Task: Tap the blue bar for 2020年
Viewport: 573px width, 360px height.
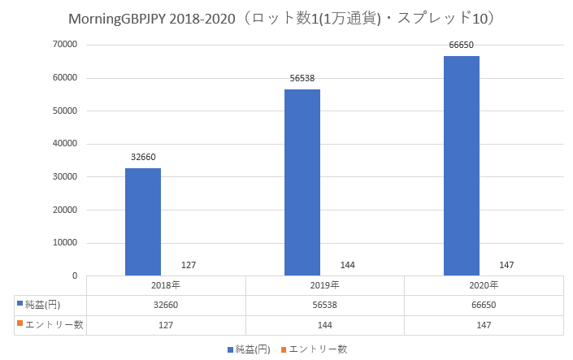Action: click(x=461, y=166)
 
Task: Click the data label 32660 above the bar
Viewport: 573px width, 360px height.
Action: click(x=142, y=158)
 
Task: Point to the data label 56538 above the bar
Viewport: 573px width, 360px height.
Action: click(x=302, y=79)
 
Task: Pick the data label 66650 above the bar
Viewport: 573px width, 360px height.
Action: click(x=461, y=46)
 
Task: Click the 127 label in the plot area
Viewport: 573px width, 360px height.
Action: click(x=189, y=265)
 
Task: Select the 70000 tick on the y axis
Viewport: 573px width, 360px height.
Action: click(x=64, y=45)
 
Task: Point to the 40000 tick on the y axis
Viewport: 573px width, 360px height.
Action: click(x=64, y=144)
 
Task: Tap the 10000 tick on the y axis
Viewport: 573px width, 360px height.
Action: click(x=64, y=243)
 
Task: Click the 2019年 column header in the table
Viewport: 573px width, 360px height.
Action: click(x=325, y=285)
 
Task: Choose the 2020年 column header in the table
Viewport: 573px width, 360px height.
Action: click(x=484, y=285)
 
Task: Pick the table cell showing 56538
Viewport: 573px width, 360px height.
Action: click(x=325, y=305)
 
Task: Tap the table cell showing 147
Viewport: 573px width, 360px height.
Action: click(x=484, y=324)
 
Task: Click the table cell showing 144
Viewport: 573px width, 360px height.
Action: click(x=325, y=324)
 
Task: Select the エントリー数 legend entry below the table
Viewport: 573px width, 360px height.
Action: click(x=319, y=349)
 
